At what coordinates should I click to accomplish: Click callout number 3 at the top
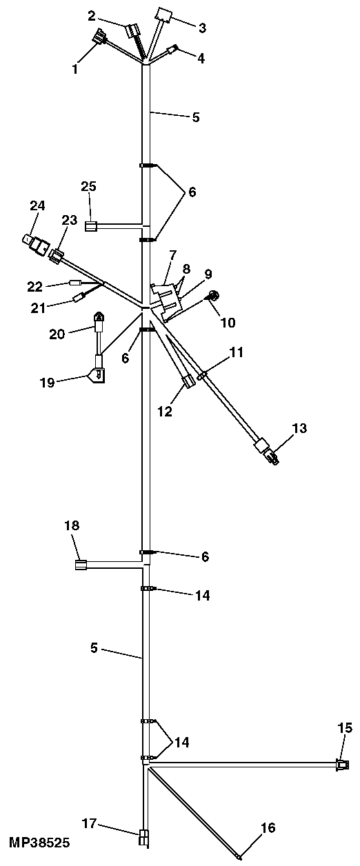pos(202,28)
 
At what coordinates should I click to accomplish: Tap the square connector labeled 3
pos(163,15)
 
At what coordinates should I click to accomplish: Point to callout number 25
pos(88,186)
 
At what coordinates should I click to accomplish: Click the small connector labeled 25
pos(90,225)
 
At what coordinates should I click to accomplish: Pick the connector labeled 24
pos(36,243)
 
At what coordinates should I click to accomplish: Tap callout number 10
pos(228,322)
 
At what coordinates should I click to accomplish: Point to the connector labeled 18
pos(80,565)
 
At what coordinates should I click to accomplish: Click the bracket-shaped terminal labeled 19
pos(97,374)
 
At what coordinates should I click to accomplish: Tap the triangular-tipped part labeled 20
pos(99,323)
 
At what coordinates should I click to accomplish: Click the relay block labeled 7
pos(168,298)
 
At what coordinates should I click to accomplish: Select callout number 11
pos(237,352)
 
